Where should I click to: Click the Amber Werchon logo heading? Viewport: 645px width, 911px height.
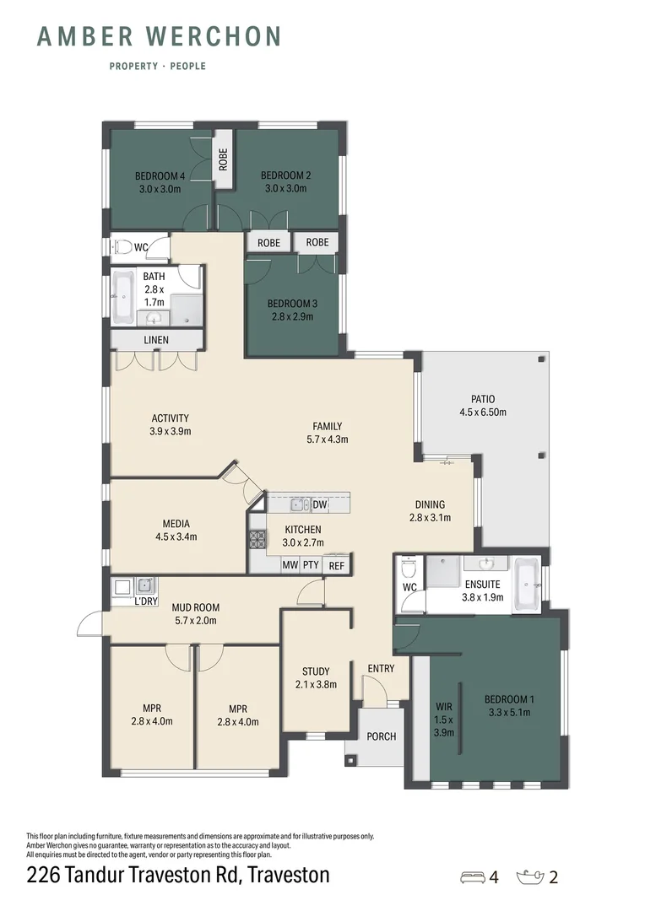[159, 36]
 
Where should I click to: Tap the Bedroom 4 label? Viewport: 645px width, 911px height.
[160, 176]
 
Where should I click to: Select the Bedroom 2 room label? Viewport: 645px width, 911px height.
[285, 175]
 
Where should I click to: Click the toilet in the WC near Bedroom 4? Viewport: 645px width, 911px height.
[122, 247]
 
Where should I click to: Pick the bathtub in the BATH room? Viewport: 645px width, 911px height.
[122, 296]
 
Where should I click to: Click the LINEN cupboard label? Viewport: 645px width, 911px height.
[156, 340]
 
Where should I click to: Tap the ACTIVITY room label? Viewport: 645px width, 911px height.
[170, 418]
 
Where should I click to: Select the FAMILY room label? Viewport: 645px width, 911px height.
[328, 427]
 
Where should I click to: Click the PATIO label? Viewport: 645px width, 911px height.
[483, 399]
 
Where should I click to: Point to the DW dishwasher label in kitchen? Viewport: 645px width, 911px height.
[319, 505]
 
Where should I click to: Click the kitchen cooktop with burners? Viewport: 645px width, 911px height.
[256, 539]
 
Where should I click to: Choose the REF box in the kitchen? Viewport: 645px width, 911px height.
[336, 565]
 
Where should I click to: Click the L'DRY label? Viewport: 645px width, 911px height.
[147, 601]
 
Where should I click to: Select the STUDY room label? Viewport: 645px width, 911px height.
[316, 671]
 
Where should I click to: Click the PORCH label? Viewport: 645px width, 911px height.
[382, 736]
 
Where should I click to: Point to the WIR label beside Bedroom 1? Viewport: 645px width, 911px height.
[444, 707]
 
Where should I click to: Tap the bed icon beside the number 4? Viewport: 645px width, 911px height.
[474, 876]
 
